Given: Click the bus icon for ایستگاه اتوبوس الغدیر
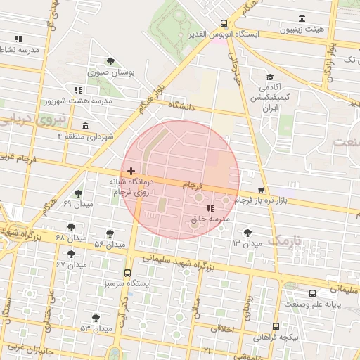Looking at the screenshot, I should pyautogui.click(x=224, y=22).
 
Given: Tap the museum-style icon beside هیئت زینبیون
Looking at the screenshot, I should pyautogui.click(x=302, y=18).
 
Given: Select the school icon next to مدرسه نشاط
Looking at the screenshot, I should pyautogui.click(x=18, y=39).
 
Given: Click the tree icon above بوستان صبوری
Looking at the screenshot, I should pyautogui.click(x=110, y=61).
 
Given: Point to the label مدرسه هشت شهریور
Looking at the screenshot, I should pyautogui.click(x=79, y=101).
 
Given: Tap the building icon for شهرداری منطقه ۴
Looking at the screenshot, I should pyautogui.click(x=86, y=126).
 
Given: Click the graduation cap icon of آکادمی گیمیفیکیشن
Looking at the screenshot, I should pyautogui.click(x=270, y=77).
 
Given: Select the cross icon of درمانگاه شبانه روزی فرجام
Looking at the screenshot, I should pyautogui.click(x=131, y=171).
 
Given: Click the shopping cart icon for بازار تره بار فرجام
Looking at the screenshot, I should pyautogui.click(x=262, y=189).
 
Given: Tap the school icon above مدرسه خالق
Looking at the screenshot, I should pyautogui.click(x=210, y=208).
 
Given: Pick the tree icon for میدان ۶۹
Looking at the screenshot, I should pyautogui.click(x=78, y=193).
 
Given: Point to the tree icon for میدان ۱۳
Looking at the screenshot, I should pyautogui.click(x=247, y=233).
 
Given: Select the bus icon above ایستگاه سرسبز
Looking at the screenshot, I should pyautogui.click(x=127, y=273).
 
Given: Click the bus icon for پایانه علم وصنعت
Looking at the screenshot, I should pyautogui.click(x=311, y=293).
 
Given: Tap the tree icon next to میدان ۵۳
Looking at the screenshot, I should pyautogui.click(x=96, y=319).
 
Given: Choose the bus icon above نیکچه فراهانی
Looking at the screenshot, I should pyautogui.click(x=275, y=327).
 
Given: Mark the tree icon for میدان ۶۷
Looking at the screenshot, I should pyautogui.click(x=71, y=255).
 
